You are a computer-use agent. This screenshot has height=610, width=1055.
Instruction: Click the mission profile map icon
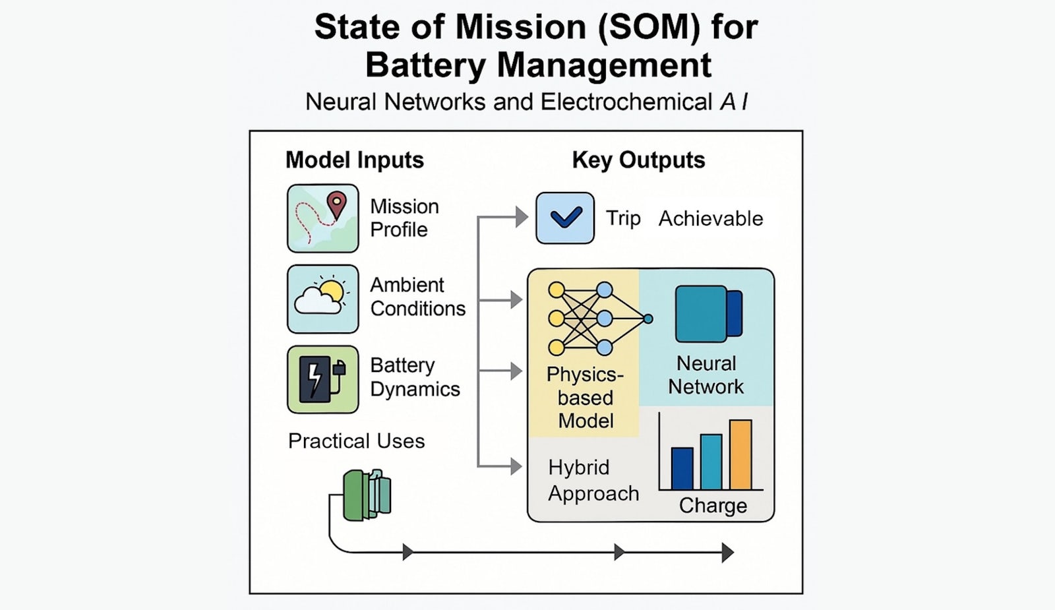point(322,218)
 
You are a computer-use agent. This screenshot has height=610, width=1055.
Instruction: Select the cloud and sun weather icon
point(322,299)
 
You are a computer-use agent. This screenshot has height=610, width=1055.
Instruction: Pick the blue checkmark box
point(564,218)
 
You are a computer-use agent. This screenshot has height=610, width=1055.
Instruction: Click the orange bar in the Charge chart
point(740,454)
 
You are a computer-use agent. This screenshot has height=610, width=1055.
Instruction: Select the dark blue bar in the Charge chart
point(682,468)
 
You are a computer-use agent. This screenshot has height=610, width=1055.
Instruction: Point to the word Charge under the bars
point(713,505)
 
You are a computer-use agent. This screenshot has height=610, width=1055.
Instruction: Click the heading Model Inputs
point(355,160)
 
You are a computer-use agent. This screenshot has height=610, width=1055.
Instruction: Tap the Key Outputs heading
point(638,160)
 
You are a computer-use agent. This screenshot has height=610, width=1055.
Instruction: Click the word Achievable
point(711,218)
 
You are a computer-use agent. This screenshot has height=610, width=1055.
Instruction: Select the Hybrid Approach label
point(593,480)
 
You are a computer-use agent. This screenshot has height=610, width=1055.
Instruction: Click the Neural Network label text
point(706,375)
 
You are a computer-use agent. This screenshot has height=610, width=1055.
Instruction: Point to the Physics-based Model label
point(585,398)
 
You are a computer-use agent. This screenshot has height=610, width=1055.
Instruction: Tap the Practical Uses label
point(356,441)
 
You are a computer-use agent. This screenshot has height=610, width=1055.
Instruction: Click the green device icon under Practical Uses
point(367,495)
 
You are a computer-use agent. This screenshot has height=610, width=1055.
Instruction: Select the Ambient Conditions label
point(417,296)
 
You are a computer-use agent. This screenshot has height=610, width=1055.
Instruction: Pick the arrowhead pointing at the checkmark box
point(522,216)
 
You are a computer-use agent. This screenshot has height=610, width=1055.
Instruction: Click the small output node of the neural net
point(648,319)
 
